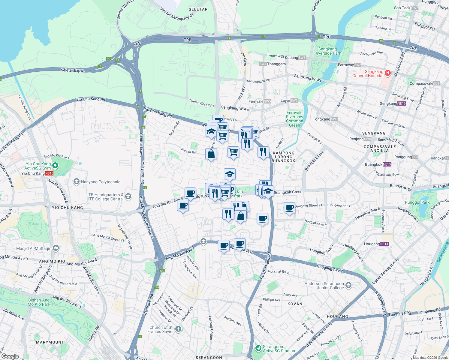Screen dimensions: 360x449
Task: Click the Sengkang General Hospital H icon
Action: (x=387, y=73)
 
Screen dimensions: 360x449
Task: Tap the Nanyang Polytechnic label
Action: (x=101, y=182)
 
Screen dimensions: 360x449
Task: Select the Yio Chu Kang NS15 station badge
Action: (x=49, y=173)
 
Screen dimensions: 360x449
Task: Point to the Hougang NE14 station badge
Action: (x=384, y=244)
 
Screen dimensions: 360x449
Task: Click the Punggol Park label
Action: (x=417, y=202)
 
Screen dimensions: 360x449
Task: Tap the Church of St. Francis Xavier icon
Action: (x=178, y=329)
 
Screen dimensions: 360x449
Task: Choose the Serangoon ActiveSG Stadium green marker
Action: (x=258, y=348)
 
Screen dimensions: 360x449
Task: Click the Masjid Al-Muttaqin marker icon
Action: (x=56, y=248)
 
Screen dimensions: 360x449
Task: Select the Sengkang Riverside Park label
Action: (x=328, y=51)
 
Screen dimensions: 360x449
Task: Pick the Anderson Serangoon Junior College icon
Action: (x=348, y=285)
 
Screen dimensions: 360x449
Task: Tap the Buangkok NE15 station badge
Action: (x=387, y=164)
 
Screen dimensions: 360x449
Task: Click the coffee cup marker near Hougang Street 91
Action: (x=290, y=208)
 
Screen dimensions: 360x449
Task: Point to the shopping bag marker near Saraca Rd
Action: (x=211, y=154)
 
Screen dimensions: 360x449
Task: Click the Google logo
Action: (x=10, y=356)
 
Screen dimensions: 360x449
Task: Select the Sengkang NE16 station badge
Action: (x=402, y=103)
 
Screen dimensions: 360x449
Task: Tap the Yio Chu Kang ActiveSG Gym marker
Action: (x=55, y=166)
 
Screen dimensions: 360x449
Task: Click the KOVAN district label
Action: (x=295, y=304)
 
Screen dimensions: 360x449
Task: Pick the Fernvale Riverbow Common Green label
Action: (x=294, y=119)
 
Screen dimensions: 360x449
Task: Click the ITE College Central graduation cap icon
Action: (x=128, y=196)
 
